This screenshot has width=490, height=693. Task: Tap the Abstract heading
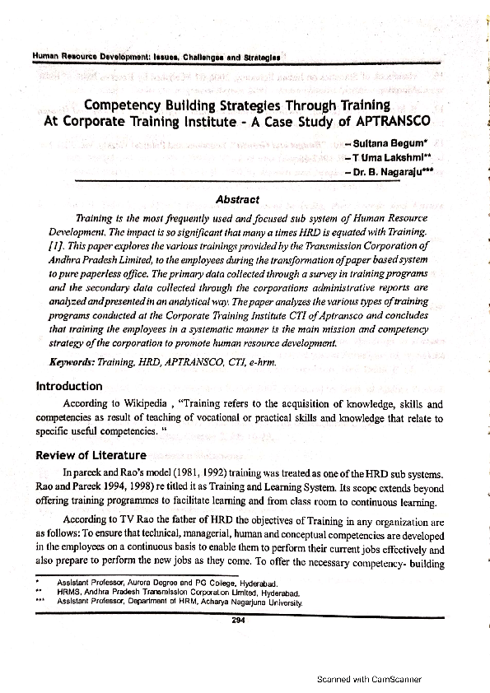tap(237, 199)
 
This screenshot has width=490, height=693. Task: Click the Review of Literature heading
tap(91, 454)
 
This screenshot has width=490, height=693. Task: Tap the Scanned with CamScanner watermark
tap(369, 680)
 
